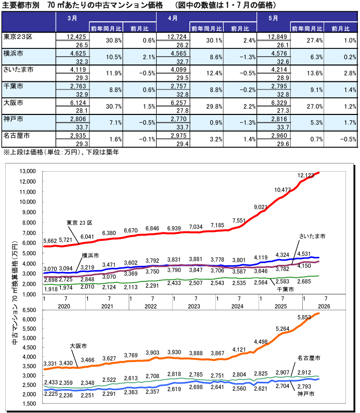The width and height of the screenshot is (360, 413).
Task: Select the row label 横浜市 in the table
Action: coord(13,53)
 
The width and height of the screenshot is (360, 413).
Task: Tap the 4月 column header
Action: coord(173,18)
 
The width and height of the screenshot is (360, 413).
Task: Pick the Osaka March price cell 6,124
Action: coord(78,102)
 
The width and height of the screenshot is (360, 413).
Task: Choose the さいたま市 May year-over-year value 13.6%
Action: coord(315,73)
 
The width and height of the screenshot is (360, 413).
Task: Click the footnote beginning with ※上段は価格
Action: coord(61,152)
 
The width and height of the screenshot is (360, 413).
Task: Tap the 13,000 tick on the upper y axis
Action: coord(28,171)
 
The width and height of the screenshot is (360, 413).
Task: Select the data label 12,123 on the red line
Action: coord(305,175)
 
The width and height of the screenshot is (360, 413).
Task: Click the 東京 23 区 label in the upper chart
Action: coord(79,223)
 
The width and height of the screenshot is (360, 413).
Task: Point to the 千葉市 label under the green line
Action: coord(286,289)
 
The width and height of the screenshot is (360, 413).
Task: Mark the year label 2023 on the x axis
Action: coord(194,306)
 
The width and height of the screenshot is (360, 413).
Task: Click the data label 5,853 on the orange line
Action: coord(304,317)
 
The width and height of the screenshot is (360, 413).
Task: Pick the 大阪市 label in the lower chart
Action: coord(78,346)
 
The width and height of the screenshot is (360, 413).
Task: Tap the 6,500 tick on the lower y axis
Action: coord(29,310)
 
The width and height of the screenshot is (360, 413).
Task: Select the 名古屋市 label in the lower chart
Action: coord(309,358)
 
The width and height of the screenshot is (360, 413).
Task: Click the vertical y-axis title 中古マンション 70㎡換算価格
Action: coord(15,292)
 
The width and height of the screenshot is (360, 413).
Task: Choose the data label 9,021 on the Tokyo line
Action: coord(261,207)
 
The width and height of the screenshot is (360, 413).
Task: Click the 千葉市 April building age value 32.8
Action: coord(183,94)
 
